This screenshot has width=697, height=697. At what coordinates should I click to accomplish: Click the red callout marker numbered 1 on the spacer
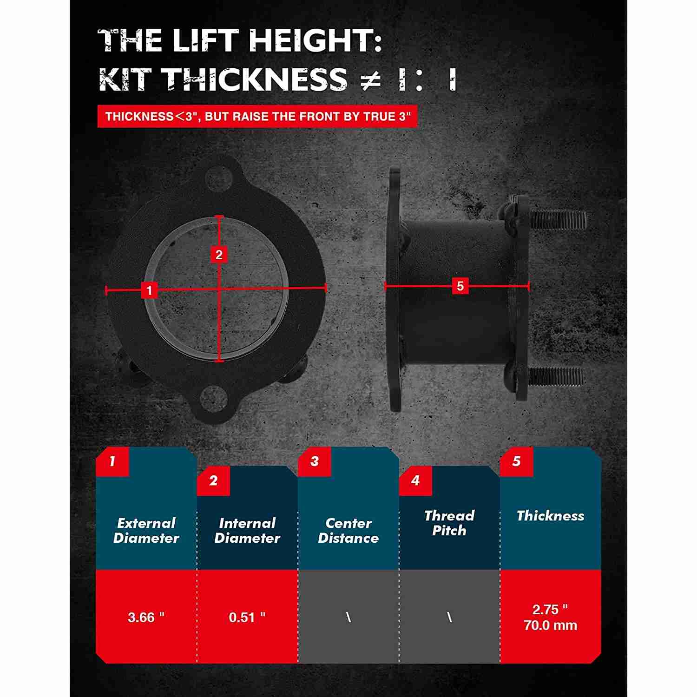(x=149, y=290)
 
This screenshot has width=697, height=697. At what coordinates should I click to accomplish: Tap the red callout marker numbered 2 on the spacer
(x=219, y=255)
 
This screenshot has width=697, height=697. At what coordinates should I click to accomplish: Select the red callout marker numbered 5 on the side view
(x=460, y=286)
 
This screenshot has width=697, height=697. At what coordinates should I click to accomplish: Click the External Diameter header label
(x=146, y=531)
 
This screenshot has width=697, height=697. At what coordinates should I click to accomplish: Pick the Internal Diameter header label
(x=247, y=531)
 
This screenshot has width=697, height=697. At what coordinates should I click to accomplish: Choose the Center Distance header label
(x=348, y=531)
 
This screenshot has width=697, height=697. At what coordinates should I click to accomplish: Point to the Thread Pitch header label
(x=449, y=523)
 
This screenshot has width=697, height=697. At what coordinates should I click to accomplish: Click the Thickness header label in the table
(x=551, y=516)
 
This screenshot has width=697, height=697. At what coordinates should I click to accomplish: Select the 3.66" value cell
(x=146, y=617)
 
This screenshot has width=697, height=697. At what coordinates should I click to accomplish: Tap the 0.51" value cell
(x=247, y=617)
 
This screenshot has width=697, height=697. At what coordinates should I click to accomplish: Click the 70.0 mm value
(x=551, y=625)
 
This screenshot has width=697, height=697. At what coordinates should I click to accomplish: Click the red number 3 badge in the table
(x=315, y=461)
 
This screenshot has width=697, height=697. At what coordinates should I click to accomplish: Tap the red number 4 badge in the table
(x=415, y=480)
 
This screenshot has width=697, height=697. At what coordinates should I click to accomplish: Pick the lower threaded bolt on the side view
(x=556, y=376)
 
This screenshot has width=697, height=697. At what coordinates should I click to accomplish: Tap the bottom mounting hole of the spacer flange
(x=215, y=398)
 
